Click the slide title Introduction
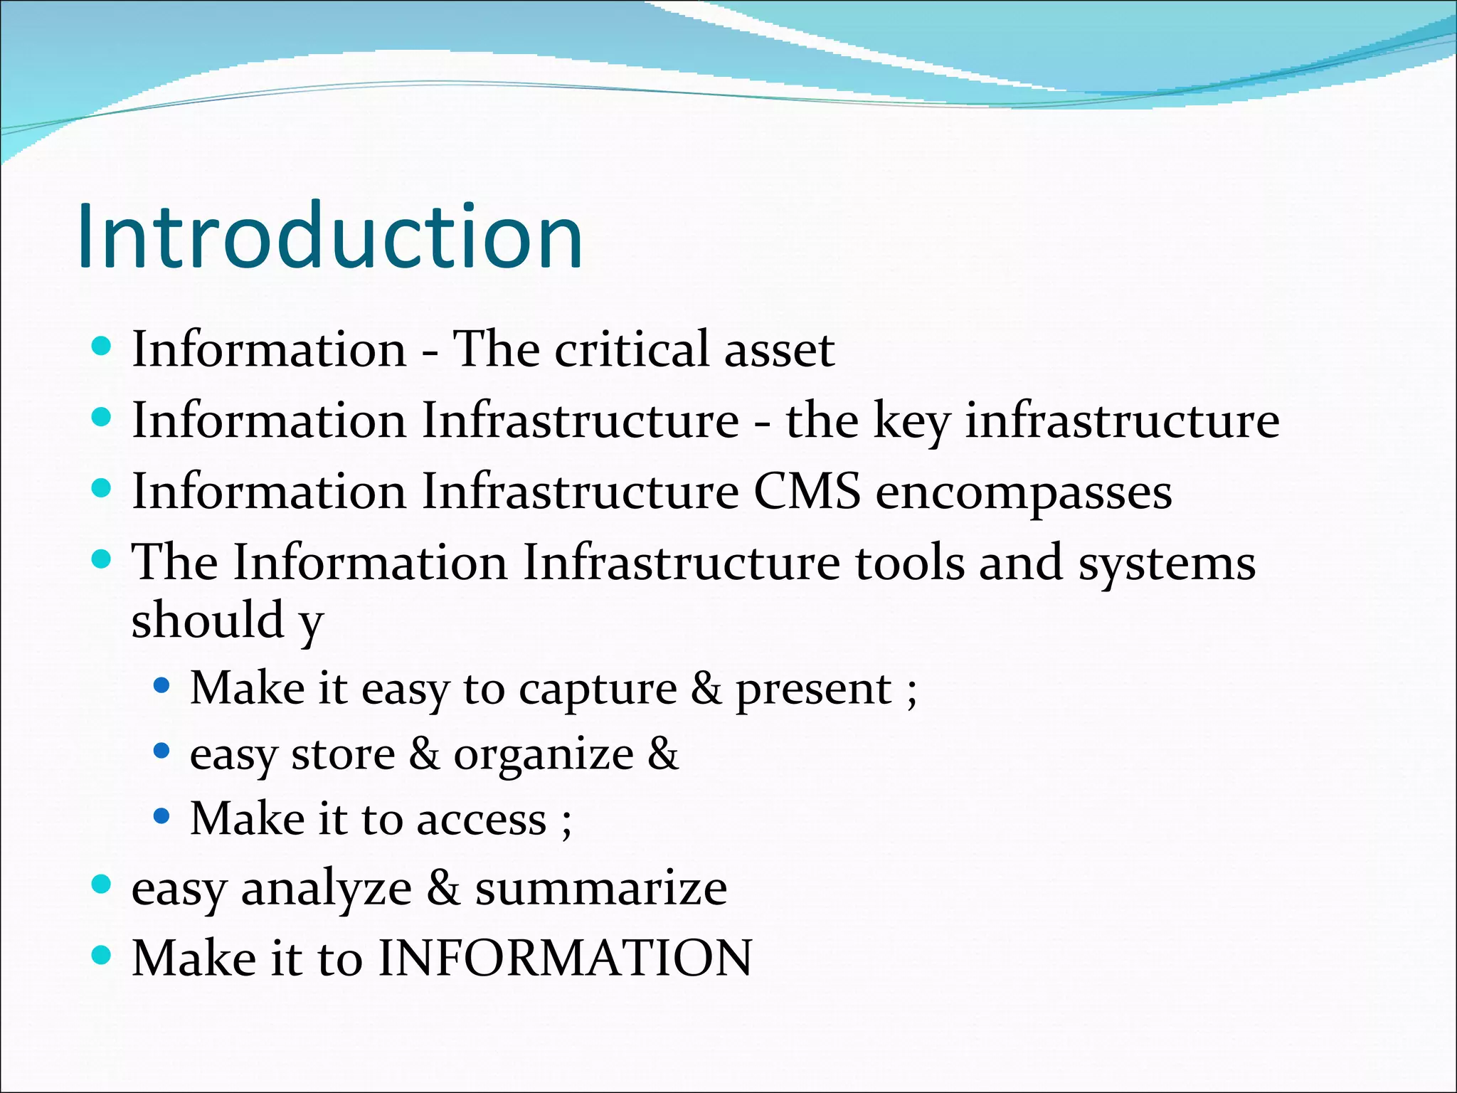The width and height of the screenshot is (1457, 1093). pos(329,236)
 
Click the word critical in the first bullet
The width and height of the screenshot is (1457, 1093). pos(632,349)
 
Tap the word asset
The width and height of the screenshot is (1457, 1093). pos(778,351)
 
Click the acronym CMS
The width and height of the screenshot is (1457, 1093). pos(807,492)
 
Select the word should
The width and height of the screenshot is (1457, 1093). pos(208,619)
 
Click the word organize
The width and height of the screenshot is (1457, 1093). pos(544,754)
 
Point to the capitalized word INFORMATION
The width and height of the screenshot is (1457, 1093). pos(565,958)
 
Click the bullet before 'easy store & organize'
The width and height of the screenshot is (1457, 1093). pos(162,751)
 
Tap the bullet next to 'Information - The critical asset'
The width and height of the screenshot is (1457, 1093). pos(102,347)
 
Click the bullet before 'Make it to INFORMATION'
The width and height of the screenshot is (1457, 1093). pos(102,955)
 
